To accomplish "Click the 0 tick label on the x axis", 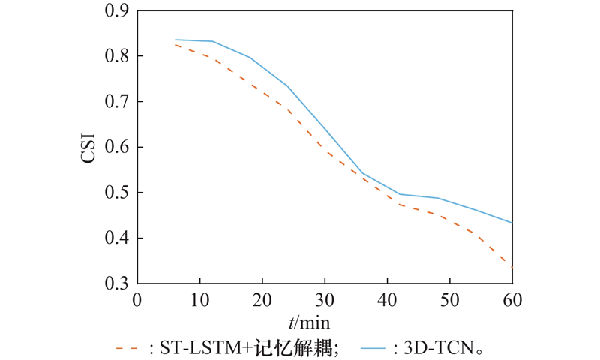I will tap(136, 300).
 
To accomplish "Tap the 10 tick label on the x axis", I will tap(199, 300).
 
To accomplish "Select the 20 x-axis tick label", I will tap(262, 300).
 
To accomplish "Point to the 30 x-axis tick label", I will tap(324, 300).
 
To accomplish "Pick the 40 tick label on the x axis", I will tap(386, 300).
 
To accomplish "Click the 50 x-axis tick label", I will tap(449, 300).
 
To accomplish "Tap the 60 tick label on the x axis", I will tap(511, 300).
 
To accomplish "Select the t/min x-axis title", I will tap(308, 322).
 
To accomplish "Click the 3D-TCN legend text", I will tap(443, 347).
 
